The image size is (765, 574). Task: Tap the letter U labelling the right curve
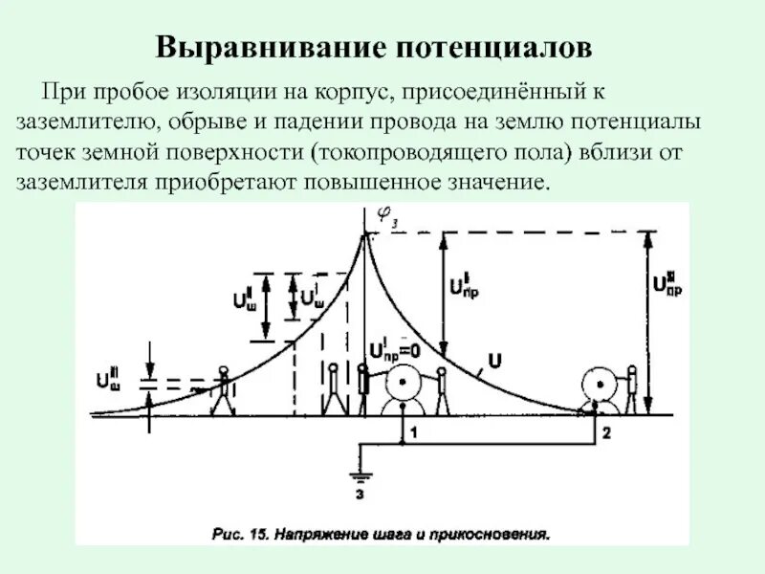point(494,362)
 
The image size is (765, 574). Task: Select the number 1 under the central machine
point(414,433)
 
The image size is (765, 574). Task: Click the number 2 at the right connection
point(605,433)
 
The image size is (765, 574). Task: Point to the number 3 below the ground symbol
point(361,495)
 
